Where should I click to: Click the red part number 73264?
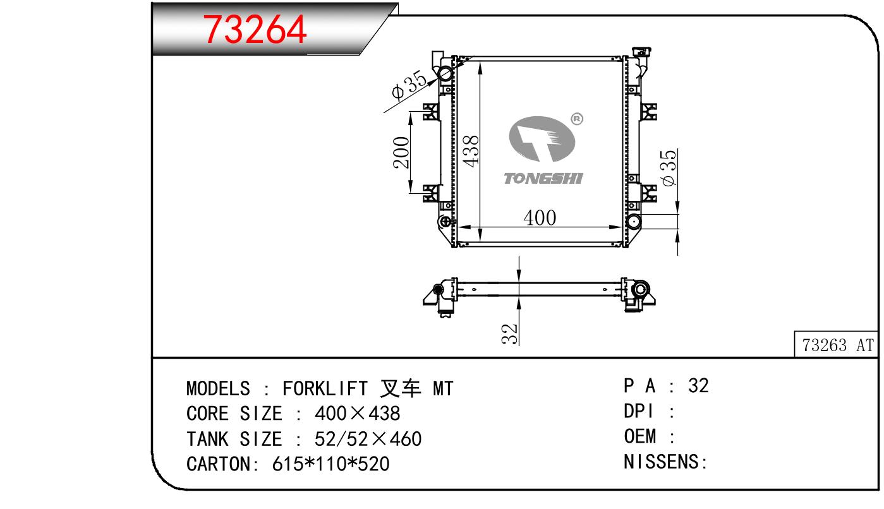tap(255, 29)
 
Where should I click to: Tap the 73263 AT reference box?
tap(837, 345)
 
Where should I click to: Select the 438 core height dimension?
tap(470, 152)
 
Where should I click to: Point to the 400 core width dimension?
tap(540, 217)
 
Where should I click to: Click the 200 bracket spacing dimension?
tap(401, 153)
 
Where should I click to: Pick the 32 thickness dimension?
tap(509, 333)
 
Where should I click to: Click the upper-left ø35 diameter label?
tap(409, 85)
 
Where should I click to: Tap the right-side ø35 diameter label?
tap(668, 167)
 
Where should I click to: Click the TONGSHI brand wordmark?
tap(543, 179)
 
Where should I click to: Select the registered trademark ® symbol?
tap(577, 119)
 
